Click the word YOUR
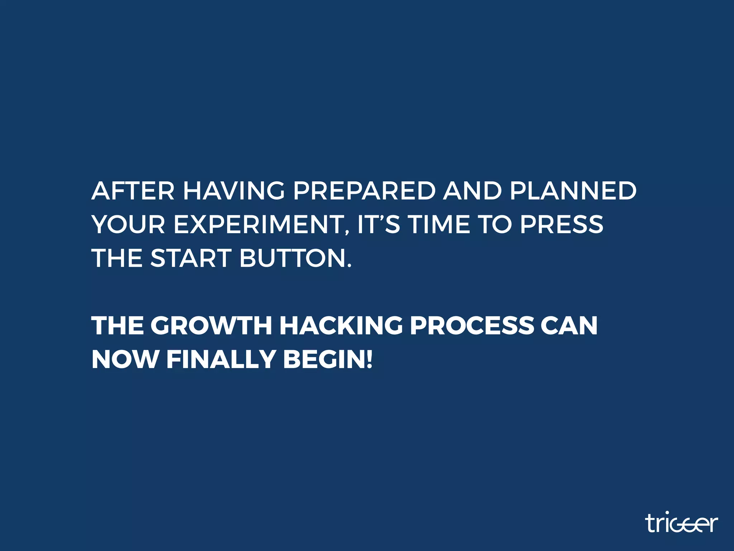click(128, 225)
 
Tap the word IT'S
click(379, 225)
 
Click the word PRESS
click(562, 225)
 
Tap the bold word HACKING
click(341, 326)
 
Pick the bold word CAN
click(569, 326)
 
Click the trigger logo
click(682, 523)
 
